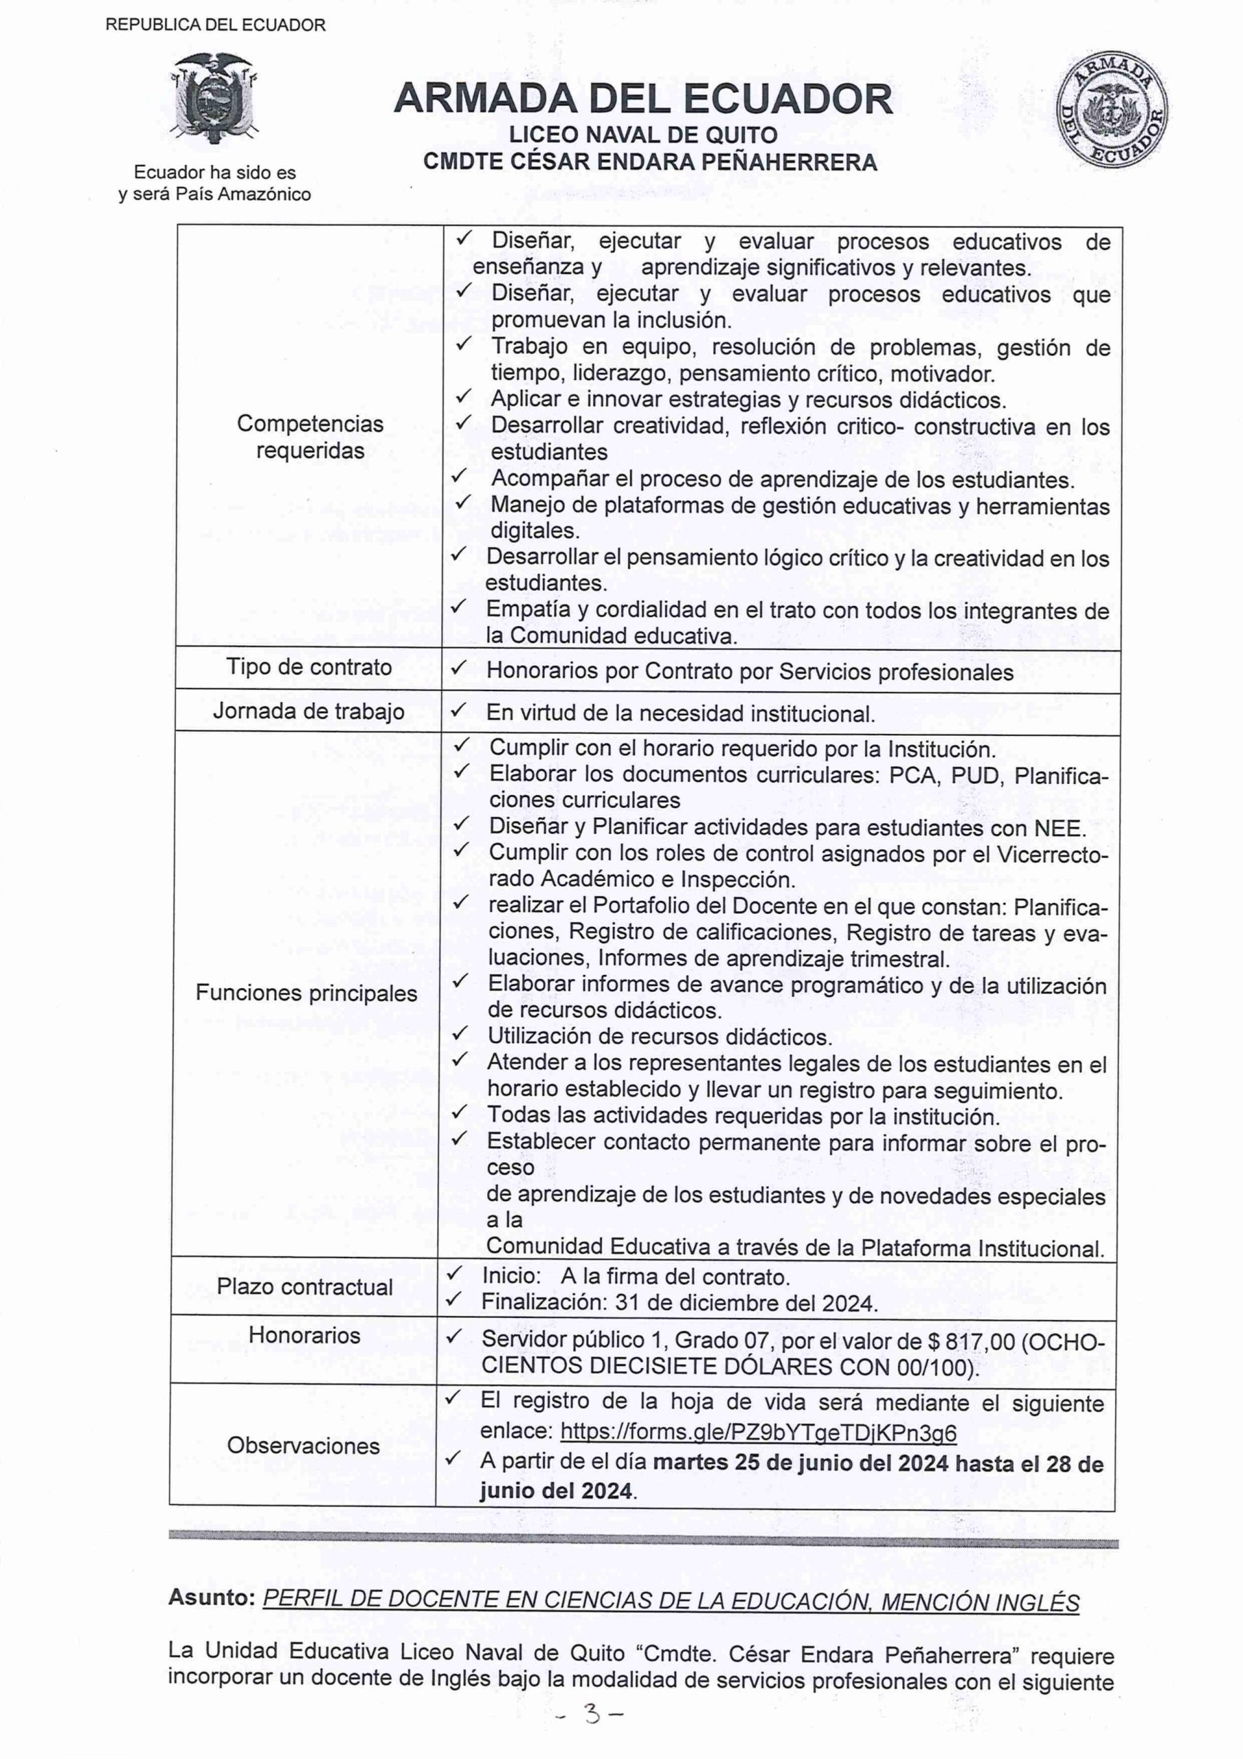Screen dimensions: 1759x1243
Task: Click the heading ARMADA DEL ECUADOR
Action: pos(643,100)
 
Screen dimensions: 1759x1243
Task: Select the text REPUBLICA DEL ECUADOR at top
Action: pos(215,25)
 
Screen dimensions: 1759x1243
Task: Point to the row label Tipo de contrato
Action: pos(309,667)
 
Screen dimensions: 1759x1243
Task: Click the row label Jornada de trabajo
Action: pos(308,712)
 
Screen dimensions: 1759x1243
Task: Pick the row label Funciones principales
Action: pos(306,993)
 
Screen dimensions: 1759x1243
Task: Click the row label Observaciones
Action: pos(304,1446)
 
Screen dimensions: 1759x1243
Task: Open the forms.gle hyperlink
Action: pos(758,1432)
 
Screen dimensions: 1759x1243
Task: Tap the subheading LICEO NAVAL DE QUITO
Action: pos(643,135)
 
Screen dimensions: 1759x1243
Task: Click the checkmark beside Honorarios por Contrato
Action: pos(458,669)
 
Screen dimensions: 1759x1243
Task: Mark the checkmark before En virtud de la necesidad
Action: pos(458,712)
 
